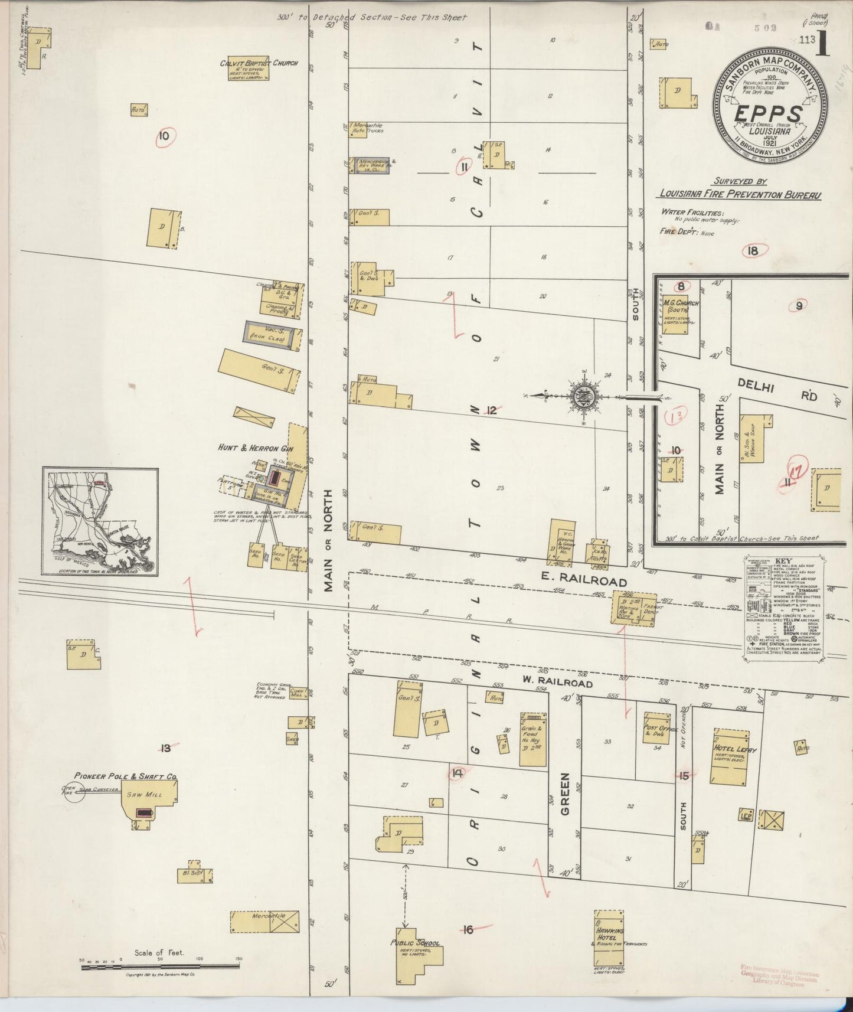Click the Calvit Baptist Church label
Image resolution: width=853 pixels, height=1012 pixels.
click(259, 63)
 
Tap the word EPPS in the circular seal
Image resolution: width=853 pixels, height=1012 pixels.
click(768, 113)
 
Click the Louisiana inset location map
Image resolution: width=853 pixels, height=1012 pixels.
click(100, 521)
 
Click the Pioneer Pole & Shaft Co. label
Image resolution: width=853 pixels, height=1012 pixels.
click(125, 776)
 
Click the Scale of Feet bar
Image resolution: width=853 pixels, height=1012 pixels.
click(160, 967)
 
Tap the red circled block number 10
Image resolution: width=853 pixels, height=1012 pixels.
click(164, 137)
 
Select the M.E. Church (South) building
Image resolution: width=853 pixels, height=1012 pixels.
click(674, 316)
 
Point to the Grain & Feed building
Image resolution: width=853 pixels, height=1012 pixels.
click(532, 739)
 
